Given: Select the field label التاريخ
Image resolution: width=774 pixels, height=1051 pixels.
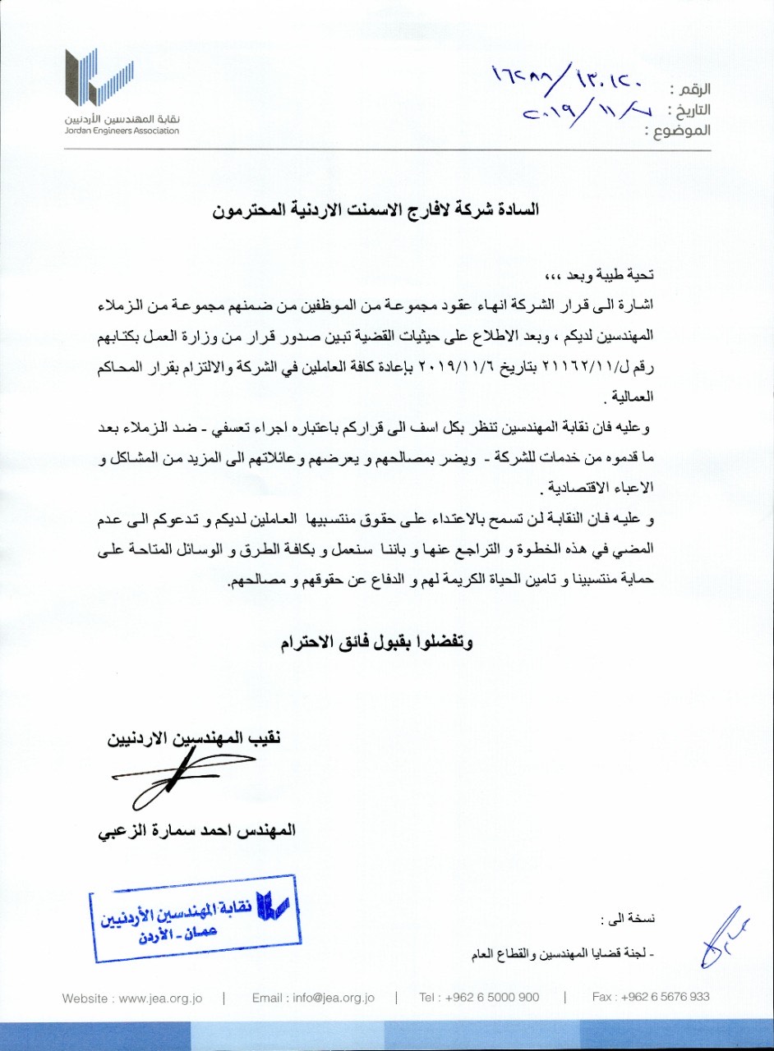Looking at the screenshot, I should tap(689, 109).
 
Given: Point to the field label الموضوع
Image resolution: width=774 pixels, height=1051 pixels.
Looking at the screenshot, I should tap(679, 131).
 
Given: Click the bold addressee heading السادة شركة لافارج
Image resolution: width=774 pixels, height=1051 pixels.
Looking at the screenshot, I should tap(375, 210).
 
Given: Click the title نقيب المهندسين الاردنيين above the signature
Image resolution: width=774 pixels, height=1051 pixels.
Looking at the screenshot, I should tap(194, 738).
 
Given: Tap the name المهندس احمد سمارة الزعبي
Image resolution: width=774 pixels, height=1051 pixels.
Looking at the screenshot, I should tap(196, 830).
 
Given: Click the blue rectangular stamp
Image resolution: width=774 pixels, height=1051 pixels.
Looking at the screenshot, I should tap(195, 918).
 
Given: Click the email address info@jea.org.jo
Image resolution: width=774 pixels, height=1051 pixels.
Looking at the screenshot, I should tap(313, 998).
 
